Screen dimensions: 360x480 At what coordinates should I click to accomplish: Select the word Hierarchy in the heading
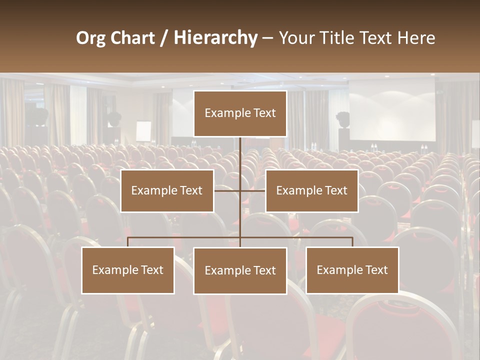click(215, 38)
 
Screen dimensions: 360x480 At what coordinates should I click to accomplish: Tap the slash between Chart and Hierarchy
click(164, 38)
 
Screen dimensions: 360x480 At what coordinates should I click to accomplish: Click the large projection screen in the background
click(392, 110)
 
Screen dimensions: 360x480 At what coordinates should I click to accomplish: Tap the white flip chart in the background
click(143, 131)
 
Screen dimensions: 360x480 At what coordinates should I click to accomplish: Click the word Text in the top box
click(263, 113)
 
